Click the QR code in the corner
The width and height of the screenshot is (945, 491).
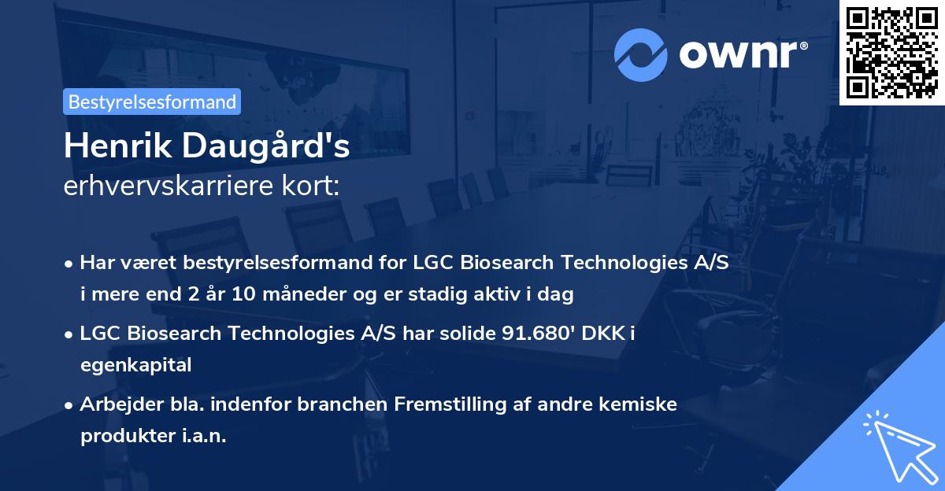tap(891, 52)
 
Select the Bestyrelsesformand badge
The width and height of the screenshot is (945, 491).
tap(151, 102)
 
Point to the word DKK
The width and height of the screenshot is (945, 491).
tap(610, 334)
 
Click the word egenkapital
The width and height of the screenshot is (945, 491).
tap(135, 364)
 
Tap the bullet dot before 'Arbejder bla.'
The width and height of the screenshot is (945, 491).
tap(70, 405)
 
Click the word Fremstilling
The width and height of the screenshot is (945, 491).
tap(446, 404)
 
